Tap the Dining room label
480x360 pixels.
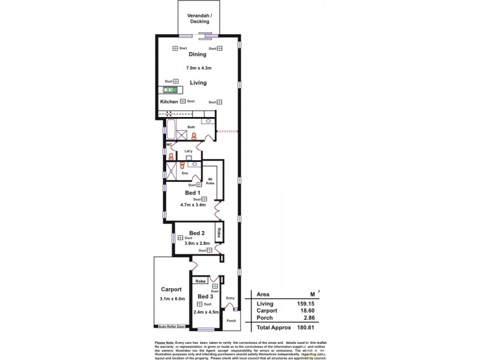coord(197,55)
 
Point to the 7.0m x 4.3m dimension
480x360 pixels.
coord(197,68)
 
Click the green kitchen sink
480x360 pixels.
coord(169,90)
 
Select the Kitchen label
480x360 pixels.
coord(169,102)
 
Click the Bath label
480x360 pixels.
coord(191,127)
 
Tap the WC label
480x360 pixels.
coord(169,145)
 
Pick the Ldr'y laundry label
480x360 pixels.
coord(188,151)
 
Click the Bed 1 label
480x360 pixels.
coord(193,193)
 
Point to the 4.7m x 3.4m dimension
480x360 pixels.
coord(193,205)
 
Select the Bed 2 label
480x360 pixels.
coord(197,233)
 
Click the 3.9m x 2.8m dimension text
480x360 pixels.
coord(197,244)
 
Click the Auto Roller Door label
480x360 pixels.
coord(172,326)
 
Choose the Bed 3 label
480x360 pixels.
coord(205,297)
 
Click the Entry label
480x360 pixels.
coord(230,298)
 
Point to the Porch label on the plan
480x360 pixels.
coord(231,320)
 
